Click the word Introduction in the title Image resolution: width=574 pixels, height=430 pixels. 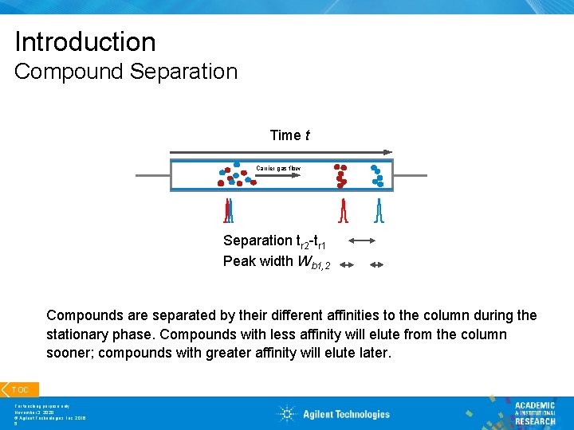point(85,42)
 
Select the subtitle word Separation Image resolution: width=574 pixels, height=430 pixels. point(186,72)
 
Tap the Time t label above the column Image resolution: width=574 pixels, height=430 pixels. point(289,135)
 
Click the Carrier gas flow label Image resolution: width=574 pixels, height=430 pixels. point(278,168)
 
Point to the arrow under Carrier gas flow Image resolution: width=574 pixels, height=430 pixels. point(278,176)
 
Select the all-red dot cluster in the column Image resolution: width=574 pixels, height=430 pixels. point(341,176)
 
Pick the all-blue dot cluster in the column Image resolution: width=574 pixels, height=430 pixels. point(376,176)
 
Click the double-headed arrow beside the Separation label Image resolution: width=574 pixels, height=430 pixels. point(362,240)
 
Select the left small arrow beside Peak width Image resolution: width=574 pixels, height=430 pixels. point(346,265)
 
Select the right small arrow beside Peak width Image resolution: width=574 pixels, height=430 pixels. point(376,265)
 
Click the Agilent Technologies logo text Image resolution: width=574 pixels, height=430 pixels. point(346,414)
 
